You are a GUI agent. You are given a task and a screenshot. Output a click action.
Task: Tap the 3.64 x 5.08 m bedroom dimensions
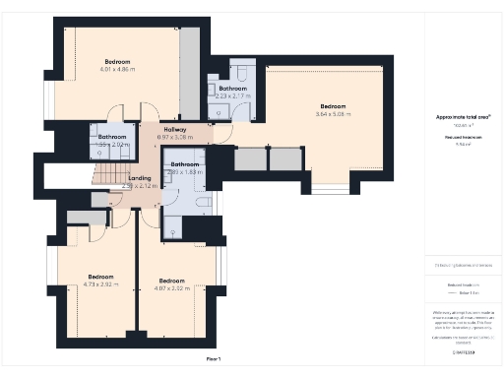pos(333,114)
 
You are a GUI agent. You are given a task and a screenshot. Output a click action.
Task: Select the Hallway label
pos(148,129)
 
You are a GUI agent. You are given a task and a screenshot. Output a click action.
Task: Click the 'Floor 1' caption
pos(214,360)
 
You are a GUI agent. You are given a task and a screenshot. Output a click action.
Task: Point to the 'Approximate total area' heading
pos(463,116)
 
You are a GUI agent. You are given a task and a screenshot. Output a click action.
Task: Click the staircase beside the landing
pos(103,176)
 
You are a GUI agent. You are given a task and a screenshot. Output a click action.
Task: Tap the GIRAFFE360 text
pos(463,350)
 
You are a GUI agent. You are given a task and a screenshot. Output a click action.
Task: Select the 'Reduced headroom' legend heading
pos(463,283)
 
